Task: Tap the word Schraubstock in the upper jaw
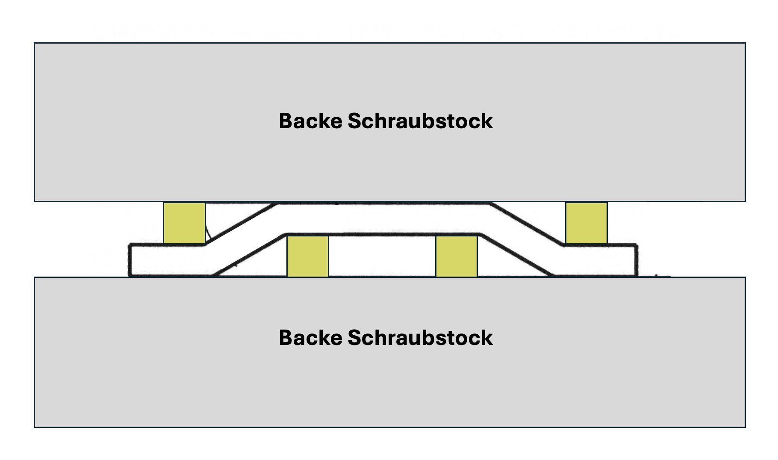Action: point(420,121)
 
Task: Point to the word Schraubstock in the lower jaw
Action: point(420,338)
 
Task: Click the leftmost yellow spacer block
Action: point(184,223)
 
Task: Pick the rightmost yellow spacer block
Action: point(586,223)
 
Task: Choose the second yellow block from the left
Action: point(307,256)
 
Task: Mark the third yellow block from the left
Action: point(456,256)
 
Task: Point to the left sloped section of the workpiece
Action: point(244,239)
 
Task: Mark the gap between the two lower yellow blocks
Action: point(382,256)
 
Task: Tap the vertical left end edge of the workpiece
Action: point(130,260)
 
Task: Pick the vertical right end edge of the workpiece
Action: point(637,260)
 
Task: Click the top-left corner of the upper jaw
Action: point(35,43)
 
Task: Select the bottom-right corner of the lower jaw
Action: point(745,427)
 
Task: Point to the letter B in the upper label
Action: point(285,121)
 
